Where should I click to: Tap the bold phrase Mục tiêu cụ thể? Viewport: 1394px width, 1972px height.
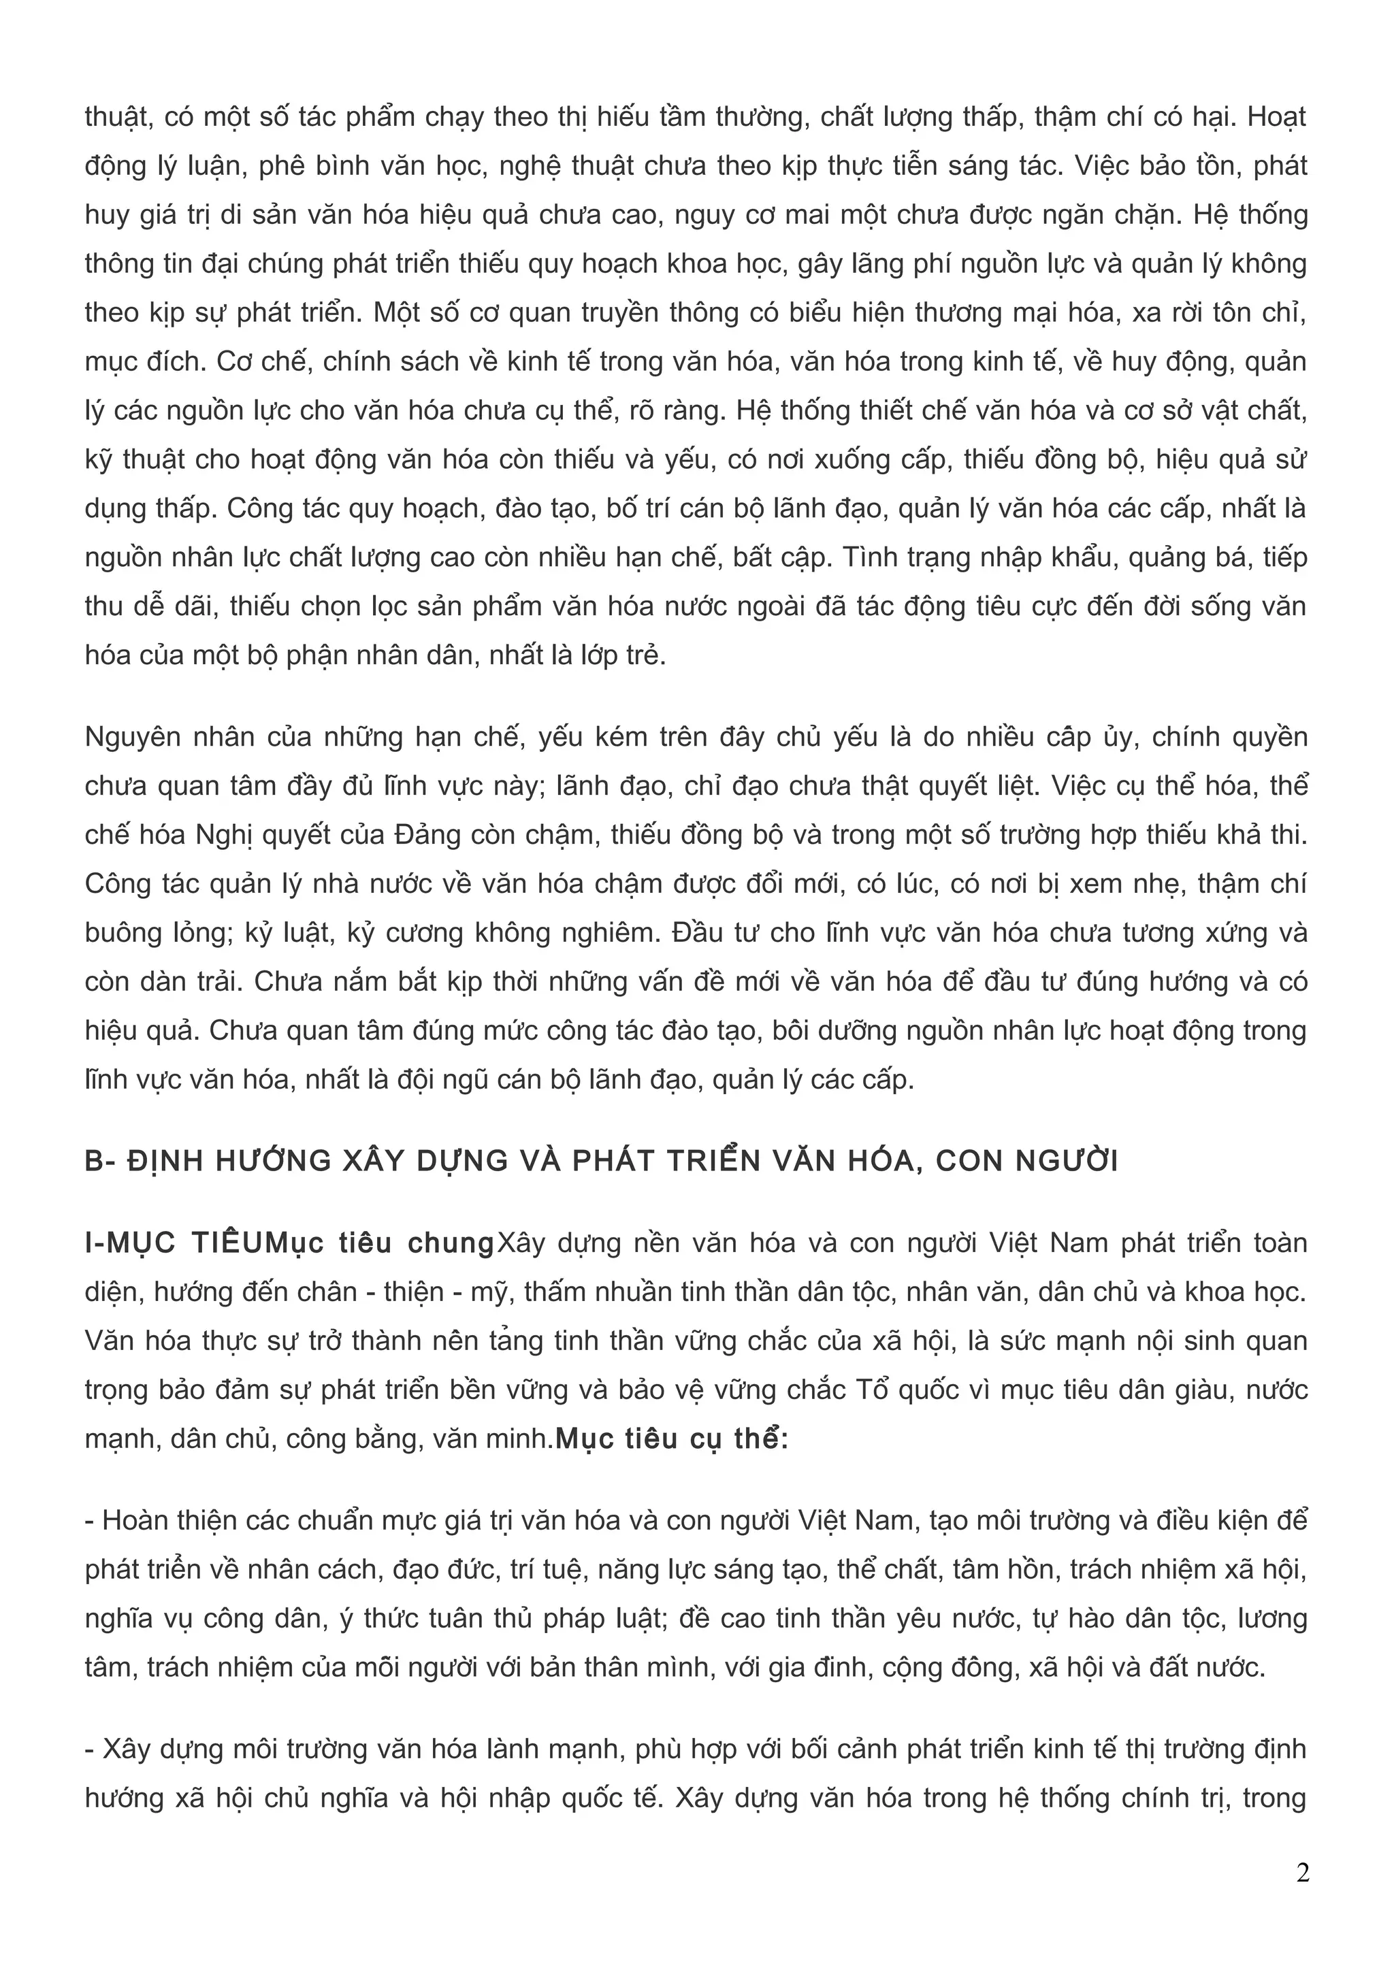coord(672,1439)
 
